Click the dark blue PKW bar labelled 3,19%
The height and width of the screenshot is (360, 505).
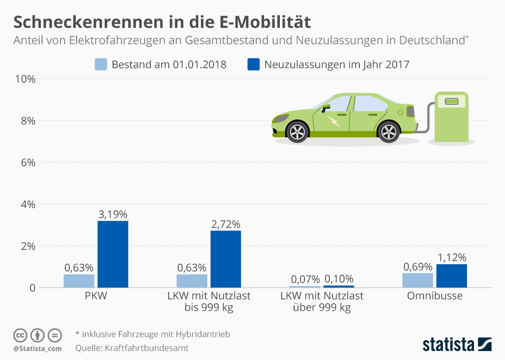(113, 254)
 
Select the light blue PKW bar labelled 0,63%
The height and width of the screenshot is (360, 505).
(79, 281)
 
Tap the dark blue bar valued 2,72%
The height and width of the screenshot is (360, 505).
(226, 259)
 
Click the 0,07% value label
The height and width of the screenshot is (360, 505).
(305, 279)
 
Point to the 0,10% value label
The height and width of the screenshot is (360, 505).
(339, 279)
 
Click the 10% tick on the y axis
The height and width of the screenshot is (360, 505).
(25, 79)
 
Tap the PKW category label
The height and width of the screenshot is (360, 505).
(96, 296)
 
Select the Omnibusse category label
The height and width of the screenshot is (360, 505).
(435, 296)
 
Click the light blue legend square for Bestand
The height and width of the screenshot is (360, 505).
(101, 65)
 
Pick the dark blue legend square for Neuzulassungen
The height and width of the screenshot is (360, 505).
(254, 65)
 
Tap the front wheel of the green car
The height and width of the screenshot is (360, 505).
(298, 131)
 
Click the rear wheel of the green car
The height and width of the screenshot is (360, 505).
(389, 131)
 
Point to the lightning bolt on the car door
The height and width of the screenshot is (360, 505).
(334, 122)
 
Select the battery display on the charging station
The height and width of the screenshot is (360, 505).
(451, 101)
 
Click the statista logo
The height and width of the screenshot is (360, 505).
(457, 345)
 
